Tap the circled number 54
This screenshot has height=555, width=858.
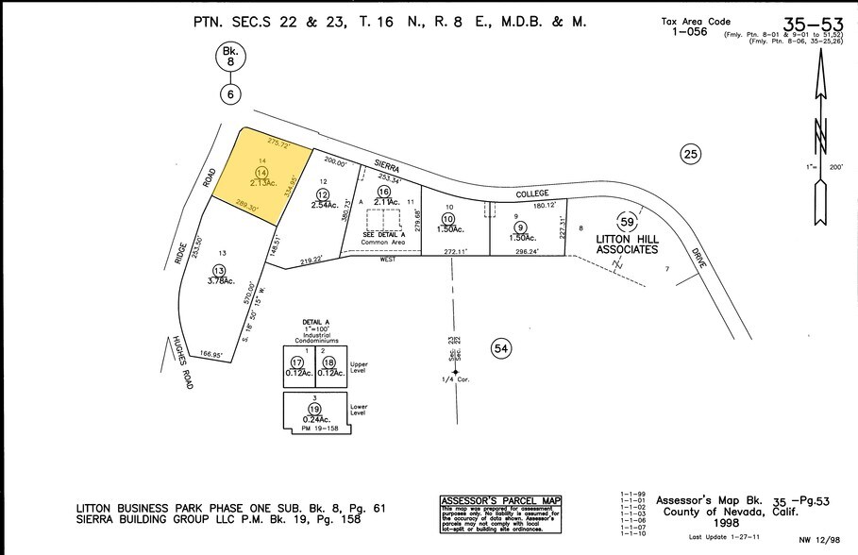coord(501,349)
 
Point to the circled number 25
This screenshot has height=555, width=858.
coord(691,154)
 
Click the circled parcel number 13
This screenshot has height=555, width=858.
coord(220,270)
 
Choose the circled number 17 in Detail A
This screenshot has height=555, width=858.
coord(297,362)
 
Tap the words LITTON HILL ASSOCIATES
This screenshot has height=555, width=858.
coord(627,244)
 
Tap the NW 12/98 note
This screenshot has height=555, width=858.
coord(818,540)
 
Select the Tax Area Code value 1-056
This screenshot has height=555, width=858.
coord(689,31)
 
